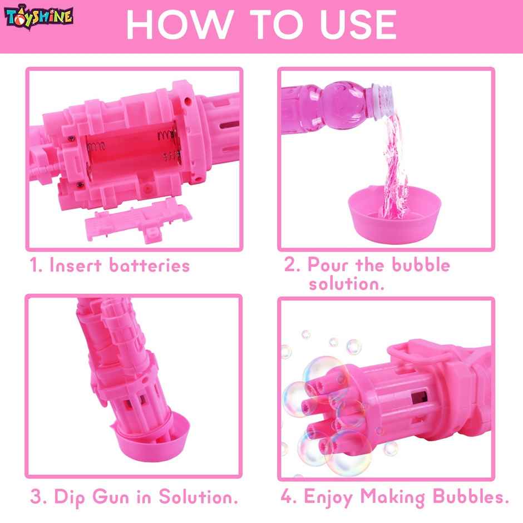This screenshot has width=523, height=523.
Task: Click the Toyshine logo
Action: (x=39, y=17)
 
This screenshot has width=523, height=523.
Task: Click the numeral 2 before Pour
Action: (x=290, y=265)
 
